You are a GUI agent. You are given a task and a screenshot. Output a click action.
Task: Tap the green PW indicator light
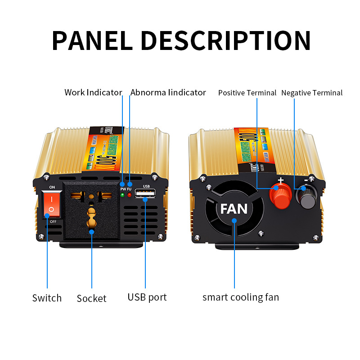[122, 194]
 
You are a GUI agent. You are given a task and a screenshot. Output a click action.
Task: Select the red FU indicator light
[129, 194]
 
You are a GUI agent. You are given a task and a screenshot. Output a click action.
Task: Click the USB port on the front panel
[146, 194]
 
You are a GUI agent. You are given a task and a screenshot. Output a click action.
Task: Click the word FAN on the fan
[234, 209]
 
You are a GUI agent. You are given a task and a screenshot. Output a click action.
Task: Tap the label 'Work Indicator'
[93, 93]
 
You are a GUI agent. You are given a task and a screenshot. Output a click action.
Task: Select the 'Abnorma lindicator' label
[168, 93]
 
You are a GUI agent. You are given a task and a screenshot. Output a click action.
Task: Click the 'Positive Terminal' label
[247, 93]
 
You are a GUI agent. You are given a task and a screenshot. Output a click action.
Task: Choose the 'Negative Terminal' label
[312, 93]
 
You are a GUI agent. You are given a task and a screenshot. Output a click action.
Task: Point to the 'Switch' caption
[47, 298]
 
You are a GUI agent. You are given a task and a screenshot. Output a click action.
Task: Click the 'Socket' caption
[91, 298]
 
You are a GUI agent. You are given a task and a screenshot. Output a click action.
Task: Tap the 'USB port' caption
[147, 297]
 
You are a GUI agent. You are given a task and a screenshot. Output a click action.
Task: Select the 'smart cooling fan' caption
[240, 297]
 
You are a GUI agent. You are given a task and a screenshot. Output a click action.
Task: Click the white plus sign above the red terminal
[280, 181]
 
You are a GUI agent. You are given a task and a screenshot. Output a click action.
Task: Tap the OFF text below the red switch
[53, 222]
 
